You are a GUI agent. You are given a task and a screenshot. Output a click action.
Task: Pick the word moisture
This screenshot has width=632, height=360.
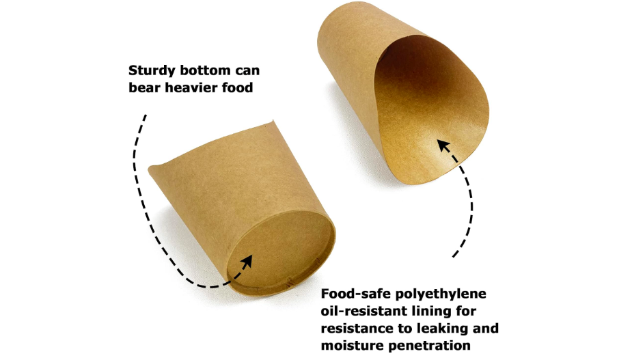[x=351, y=346]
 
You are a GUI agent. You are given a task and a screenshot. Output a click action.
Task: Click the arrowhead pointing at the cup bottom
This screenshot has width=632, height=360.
[x=247, y=260]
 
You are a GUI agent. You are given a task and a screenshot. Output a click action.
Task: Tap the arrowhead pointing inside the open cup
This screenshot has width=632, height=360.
[x=443, y=146]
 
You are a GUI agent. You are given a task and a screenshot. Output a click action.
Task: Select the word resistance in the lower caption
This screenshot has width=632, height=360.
[x=357, y=329]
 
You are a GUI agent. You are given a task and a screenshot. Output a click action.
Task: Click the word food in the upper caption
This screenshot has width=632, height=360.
[x=236, y=87]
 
